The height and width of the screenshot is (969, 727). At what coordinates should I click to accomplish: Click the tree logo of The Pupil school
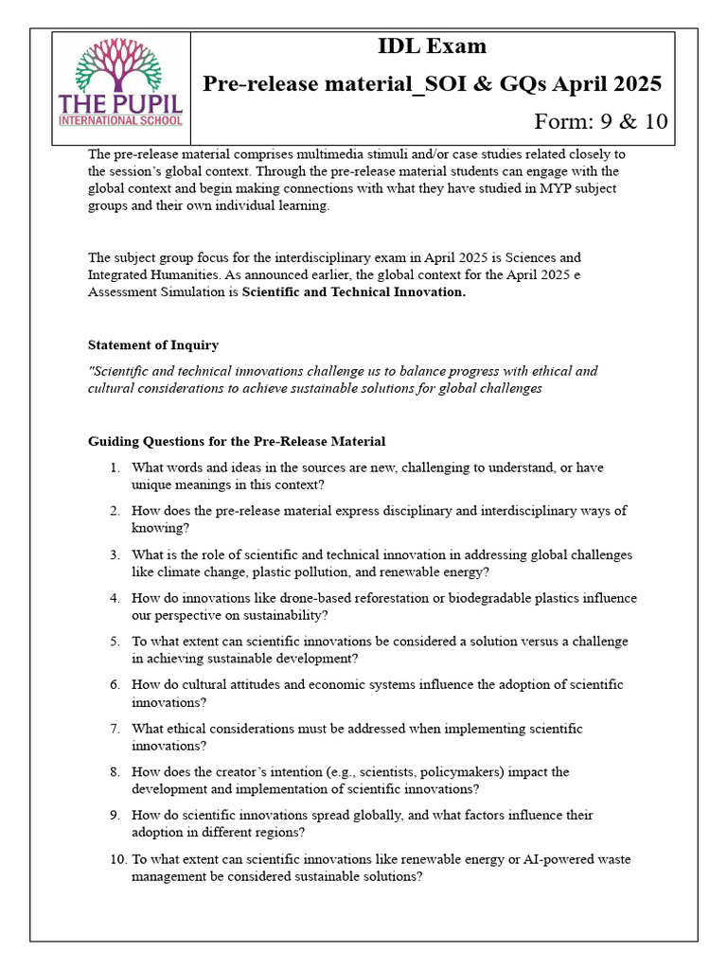pos(120,63)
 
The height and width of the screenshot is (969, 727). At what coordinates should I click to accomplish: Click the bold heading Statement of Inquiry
pos(153,344)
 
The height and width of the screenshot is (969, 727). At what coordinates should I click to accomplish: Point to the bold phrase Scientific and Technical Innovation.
pos(354,292)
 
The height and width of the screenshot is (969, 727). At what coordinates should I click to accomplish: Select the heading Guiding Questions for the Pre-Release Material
pos(237,441)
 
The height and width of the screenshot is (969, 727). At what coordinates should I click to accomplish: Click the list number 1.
pos(114,467)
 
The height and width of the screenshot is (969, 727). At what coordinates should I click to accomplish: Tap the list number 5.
pos(114,642)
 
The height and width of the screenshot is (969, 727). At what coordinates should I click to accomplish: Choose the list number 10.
pos(116,859)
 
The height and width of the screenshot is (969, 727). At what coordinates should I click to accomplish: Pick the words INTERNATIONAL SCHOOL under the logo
pos(120,121)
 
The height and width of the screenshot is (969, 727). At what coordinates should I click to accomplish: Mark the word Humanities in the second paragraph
pos(173,274)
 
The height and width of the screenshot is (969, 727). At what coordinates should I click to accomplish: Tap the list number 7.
pos(114,729)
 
